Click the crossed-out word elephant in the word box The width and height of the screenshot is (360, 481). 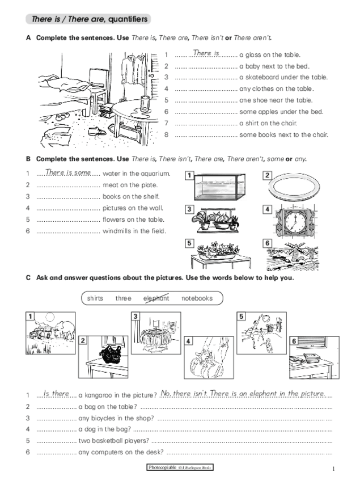click(156, 298)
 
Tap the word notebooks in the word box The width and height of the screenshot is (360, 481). click(197, 298)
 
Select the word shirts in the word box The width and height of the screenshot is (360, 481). click(95, 298)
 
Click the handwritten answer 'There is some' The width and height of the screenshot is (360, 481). click(67, 172)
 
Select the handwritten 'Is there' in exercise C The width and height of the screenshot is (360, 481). click(56, 393)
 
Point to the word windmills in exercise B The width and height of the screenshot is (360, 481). click(118, 231)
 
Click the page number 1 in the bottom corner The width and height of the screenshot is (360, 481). click(334, 468)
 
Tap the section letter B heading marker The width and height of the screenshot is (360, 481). click(28, 159)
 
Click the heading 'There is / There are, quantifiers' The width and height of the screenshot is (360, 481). click(89, 19)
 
